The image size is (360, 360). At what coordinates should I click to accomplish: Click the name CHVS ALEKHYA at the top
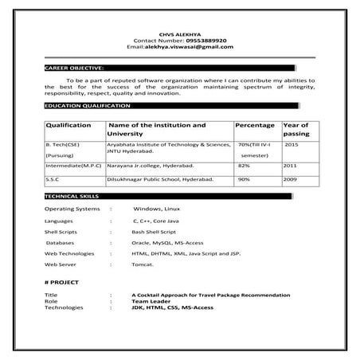pos(179,33)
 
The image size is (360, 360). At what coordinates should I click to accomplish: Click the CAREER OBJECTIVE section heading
pos(74,69)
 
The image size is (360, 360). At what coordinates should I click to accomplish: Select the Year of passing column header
pos(296,130)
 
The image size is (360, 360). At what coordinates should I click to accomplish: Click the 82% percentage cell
pos(244,166)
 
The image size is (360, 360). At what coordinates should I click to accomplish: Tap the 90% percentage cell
pos(244,180)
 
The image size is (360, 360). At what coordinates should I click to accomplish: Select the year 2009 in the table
pos(290,180)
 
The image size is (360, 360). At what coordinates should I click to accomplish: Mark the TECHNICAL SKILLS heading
pos(72,195)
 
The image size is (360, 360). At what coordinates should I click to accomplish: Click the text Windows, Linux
pos(158,208)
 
